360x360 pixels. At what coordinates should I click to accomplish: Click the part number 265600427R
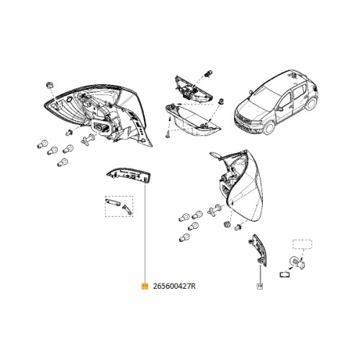174,287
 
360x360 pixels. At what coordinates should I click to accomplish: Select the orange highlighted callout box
145,286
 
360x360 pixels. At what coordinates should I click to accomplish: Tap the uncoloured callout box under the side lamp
260,286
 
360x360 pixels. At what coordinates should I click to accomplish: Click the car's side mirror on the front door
280,109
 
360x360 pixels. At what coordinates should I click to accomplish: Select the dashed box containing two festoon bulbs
119,206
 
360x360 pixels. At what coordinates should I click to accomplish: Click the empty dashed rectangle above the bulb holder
302,244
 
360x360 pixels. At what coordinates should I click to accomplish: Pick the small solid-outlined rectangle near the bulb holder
285,274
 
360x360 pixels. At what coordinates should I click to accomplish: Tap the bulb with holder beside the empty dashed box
297,263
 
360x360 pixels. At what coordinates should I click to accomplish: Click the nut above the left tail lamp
50,85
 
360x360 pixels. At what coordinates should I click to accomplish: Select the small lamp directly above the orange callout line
129,175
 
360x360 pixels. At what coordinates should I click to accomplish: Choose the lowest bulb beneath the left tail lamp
63,163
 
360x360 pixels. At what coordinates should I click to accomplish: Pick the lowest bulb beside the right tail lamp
184,238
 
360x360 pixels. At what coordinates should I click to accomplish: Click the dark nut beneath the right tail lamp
226,225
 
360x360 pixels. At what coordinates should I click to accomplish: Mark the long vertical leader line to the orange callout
145,234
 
